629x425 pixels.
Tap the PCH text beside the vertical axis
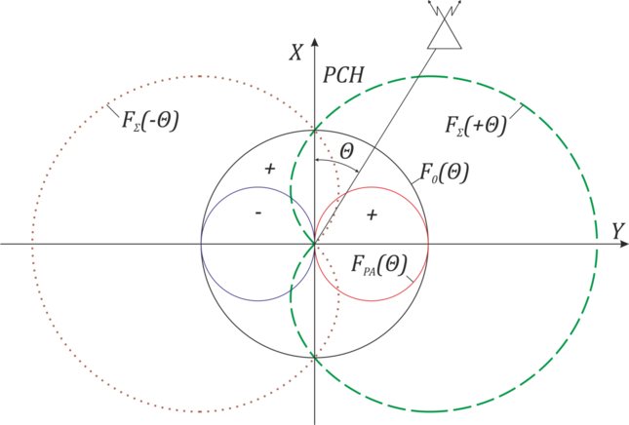[337, 75]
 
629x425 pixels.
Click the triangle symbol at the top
[446, 31]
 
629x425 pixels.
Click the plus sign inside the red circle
[371, 213]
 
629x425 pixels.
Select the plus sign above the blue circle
[270, 169]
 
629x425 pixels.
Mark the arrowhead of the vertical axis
[314, 44]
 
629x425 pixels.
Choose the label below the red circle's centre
[380, 264]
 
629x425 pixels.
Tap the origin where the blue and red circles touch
[315, 244]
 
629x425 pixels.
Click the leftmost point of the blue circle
[200, 244]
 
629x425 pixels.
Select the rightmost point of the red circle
[429, 244]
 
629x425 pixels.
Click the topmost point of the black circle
[315, 129]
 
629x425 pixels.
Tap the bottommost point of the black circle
[315, 359]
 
